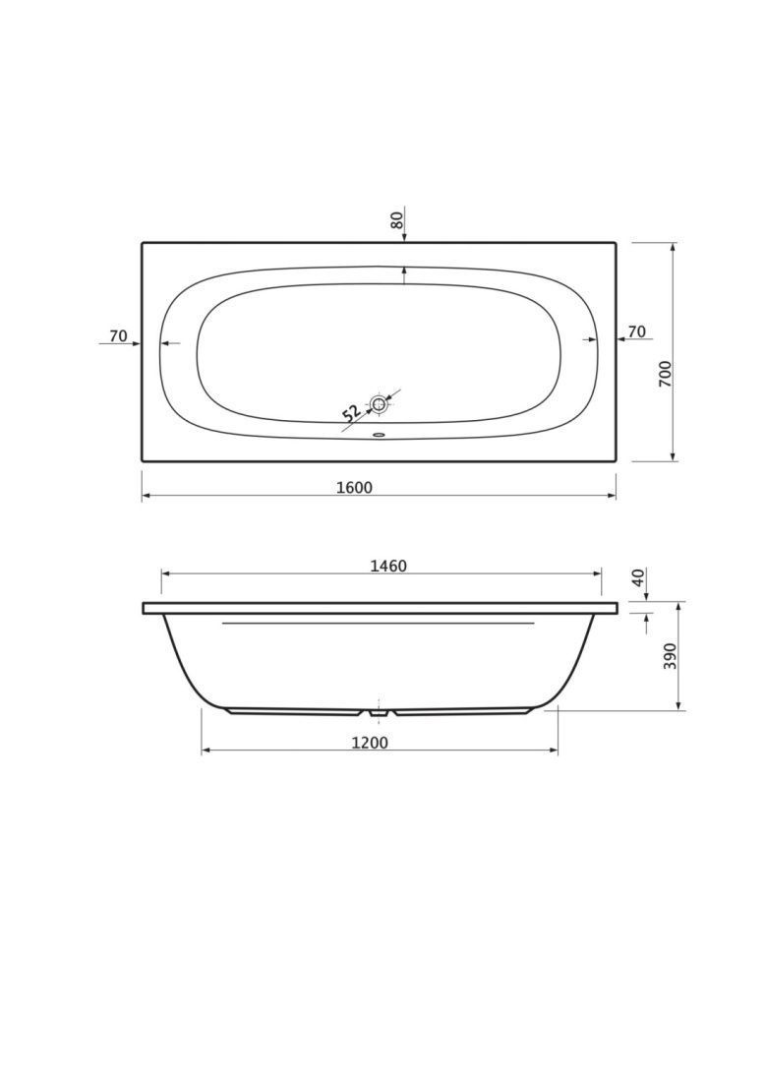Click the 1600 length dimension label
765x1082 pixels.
pos(354,487)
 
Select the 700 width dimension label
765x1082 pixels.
pos(665,374)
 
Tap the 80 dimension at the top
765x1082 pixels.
pos(396,220)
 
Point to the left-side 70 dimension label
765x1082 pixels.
pos(119,336)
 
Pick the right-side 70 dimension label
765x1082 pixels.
pos(637,331)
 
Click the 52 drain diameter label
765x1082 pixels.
pos(352,413)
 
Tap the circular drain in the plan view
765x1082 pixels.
pos(379,404)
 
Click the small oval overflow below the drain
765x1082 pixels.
pos(379,435)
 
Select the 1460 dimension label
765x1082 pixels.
pos(388,566)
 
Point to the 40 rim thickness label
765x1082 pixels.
pos(638,576)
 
